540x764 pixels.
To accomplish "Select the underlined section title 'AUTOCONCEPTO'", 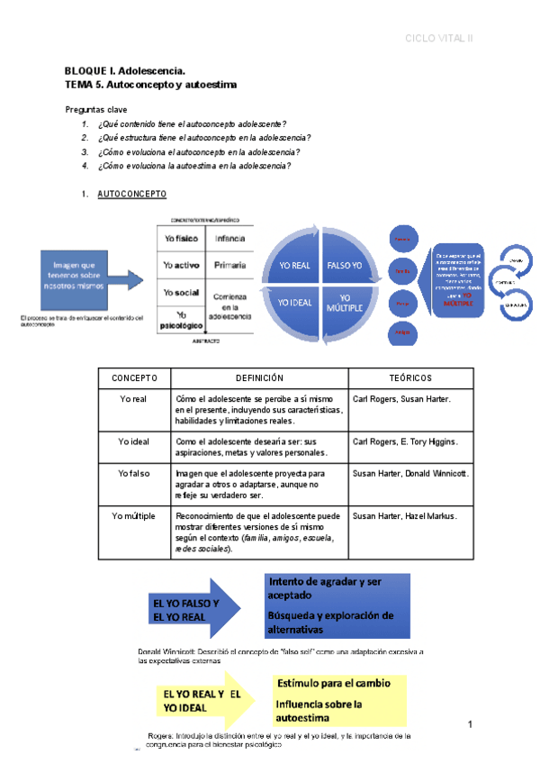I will pos(131,194).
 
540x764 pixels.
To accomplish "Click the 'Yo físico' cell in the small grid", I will pos(181,240).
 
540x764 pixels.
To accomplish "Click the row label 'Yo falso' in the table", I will pos(134,472).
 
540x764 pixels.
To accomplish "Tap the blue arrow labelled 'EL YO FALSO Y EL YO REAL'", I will pos(189,609).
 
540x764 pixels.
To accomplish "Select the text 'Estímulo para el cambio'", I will pos(333,684).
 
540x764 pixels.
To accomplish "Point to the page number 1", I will pos(470,725).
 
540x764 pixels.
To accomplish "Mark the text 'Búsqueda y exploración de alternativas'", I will pos(331,622).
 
